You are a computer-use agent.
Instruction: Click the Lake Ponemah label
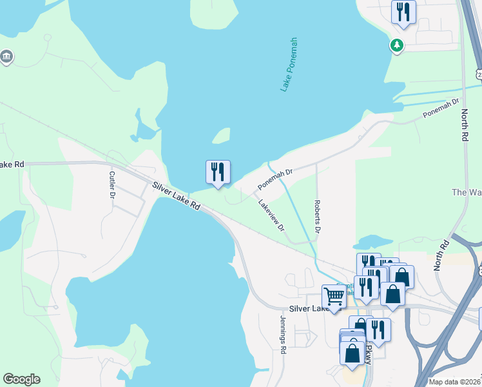(289, 64)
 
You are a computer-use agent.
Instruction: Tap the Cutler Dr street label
(112, 184)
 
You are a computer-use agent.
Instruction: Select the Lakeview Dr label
(271, 214)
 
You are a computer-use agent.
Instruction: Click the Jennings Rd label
(282, 333)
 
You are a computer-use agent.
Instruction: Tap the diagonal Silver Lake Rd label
(177, 197)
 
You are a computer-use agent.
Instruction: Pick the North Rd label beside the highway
(465, 126)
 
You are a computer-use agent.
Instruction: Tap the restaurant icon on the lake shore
(218, 172)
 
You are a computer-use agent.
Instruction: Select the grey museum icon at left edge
(7, 57)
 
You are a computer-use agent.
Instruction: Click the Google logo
(21, 379)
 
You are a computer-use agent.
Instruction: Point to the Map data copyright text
(455, 382)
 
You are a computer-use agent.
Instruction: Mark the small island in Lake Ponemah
(222, 135)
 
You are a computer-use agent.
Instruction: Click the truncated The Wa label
(467, 192)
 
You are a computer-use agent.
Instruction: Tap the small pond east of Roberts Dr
(369, 243)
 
